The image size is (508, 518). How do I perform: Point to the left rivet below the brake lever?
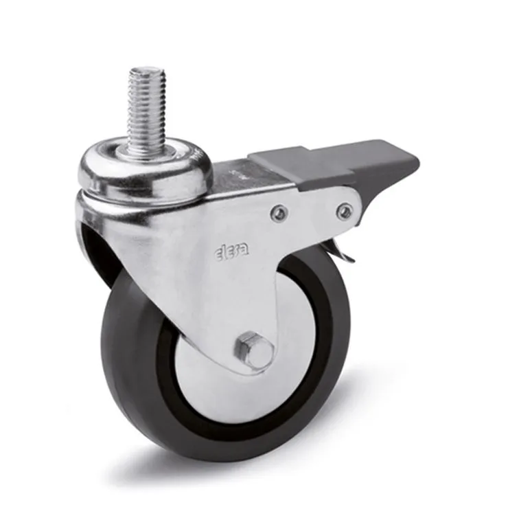pyautogui.click(x=279, y=212)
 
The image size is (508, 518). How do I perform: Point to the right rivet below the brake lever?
pyautogui.click(x=345, y=210)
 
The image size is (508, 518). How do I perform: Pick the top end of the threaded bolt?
pyautogui.click(x=146, y=69)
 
